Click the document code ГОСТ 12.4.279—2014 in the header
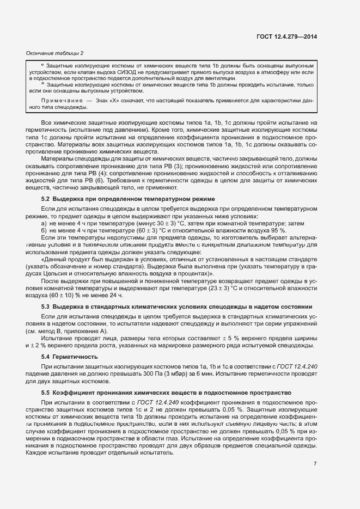(287, 37)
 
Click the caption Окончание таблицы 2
(55, 53)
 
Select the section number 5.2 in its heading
(46, 199)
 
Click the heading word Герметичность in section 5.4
(75, 357)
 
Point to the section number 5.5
(46, 392)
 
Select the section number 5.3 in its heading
(46, 306)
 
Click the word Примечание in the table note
(60, 102)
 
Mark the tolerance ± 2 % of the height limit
(34, 345)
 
